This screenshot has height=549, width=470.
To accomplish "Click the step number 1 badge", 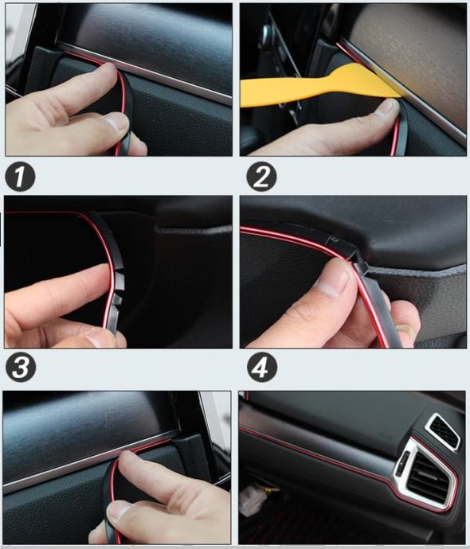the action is point(20,177).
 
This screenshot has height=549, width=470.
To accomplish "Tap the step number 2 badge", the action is point(261,177).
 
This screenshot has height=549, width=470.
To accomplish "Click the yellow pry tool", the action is point(315,86).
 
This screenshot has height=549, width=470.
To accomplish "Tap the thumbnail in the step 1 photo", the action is point(117,123).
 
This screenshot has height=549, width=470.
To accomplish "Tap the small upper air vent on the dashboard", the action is point(442,433).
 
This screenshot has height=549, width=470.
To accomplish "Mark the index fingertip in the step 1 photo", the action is point(108,70).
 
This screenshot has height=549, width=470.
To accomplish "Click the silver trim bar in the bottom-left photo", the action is point(91,461).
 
